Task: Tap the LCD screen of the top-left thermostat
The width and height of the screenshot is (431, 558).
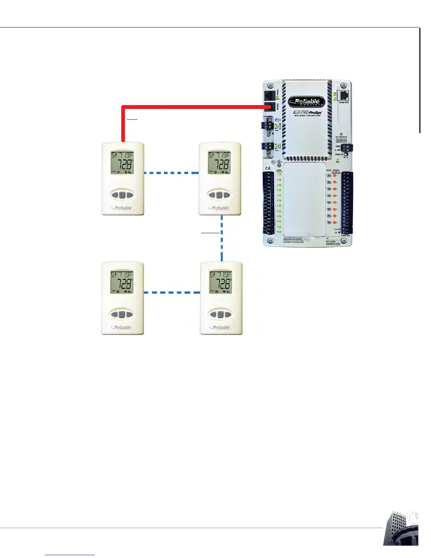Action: [x=123, y=163]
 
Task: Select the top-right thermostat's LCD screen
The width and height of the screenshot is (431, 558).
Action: [x=219, y=163]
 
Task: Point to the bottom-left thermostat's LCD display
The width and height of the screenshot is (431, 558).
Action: [x=122, y=283]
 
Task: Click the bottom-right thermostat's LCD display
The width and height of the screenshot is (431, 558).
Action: [x=221, y=283]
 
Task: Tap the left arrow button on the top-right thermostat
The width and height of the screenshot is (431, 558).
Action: [x=212, y=194]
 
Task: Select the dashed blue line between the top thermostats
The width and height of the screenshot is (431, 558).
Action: [x=171, y=173]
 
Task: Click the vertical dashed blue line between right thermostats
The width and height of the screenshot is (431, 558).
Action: [x=222, y=238]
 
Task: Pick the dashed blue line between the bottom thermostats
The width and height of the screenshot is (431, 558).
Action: [x=172, y=292]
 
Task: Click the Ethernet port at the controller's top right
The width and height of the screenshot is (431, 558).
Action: [x=343, y=95]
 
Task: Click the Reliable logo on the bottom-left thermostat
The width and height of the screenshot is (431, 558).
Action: [x=123, y=328]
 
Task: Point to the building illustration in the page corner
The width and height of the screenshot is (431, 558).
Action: [x=401, y=528]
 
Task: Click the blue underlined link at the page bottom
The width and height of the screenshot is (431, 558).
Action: [x=70, y=555]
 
